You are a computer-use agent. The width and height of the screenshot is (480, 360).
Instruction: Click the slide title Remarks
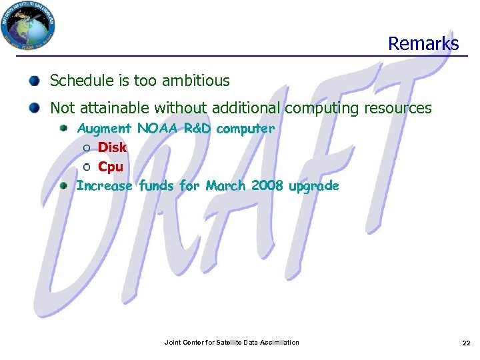click(x=423, y=44)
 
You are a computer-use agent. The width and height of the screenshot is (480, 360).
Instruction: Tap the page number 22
click(x=466, y=343)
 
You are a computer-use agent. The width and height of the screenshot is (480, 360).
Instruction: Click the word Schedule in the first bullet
click(x=77, y=81)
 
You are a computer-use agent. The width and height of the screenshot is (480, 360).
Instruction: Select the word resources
click(x=395, y=108)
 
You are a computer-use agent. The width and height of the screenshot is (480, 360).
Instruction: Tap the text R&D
click(x=197, y=128)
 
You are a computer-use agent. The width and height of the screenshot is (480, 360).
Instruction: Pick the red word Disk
click(x=112, y=147)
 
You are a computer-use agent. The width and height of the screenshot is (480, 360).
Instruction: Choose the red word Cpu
click(x=111, y=167)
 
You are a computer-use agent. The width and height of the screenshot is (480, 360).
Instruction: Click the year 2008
click(x=268, y=186)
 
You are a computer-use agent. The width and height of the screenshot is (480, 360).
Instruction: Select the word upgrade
click(x=313, y=186)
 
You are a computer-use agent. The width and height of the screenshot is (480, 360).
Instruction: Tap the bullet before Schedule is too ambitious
click(x=34, y=81)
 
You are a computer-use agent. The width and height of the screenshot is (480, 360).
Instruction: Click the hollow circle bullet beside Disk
click(x=87, y=148)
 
